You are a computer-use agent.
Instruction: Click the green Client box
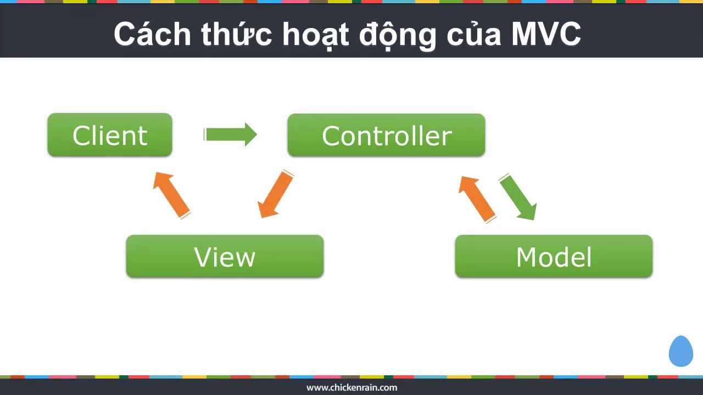coord(110,135)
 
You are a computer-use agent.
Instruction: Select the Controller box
coord(386,135)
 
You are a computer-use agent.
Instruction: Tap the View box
coord(225,256)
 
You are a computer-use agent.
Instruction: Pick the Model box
coord(554,256)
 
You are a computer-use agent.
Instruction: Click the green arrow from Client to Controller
coord(231,135)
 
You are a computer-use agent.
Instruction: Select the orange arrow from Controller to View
coord(276,194)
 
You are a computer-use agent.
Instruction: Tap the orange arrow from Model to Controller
coord(477,198)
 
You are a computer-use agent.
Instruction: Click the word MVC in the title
coord(546,34)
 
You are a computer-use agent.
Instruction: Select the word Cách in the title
coord(152,34)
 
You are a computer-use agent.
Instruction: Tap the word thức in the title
coord(236,34)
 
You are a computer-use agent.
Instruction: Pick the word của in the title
coord(473,34)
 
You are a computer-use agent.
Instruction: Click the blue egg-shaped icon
coord(680,351)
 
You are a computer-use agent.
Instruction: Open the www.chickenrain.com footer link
coord(351,387)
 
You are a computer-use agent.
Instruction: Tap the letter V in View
coord(203,257)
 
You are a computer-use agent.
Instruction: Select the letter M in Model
coord(528,257)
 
